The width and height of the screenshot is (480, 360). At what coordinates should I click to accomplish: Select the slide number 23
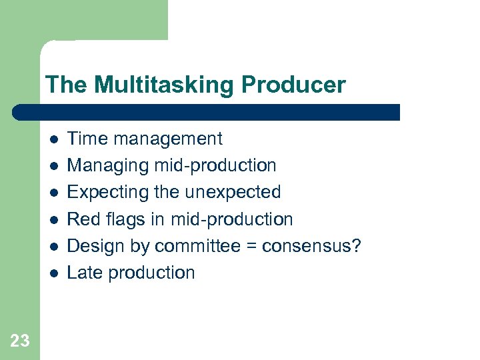(20, 341)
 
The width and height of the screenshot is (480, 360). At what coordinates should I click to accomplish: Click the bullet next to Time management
(53, 139)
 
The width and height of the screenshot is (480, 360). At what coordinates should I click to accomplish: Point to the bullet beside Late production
(53, 273)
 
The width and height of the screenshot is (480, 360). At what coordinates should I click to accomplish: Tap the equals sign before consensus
(251, 246)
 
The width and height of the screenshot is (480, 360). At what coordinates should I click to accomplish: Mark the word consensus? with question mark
(311, 245)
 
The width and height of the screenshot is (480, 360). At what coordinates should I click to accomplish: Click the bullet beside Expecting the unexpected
(53, 193)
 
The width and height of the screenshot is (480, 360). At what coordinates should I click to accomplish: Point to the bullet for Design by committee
(53, 246)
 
